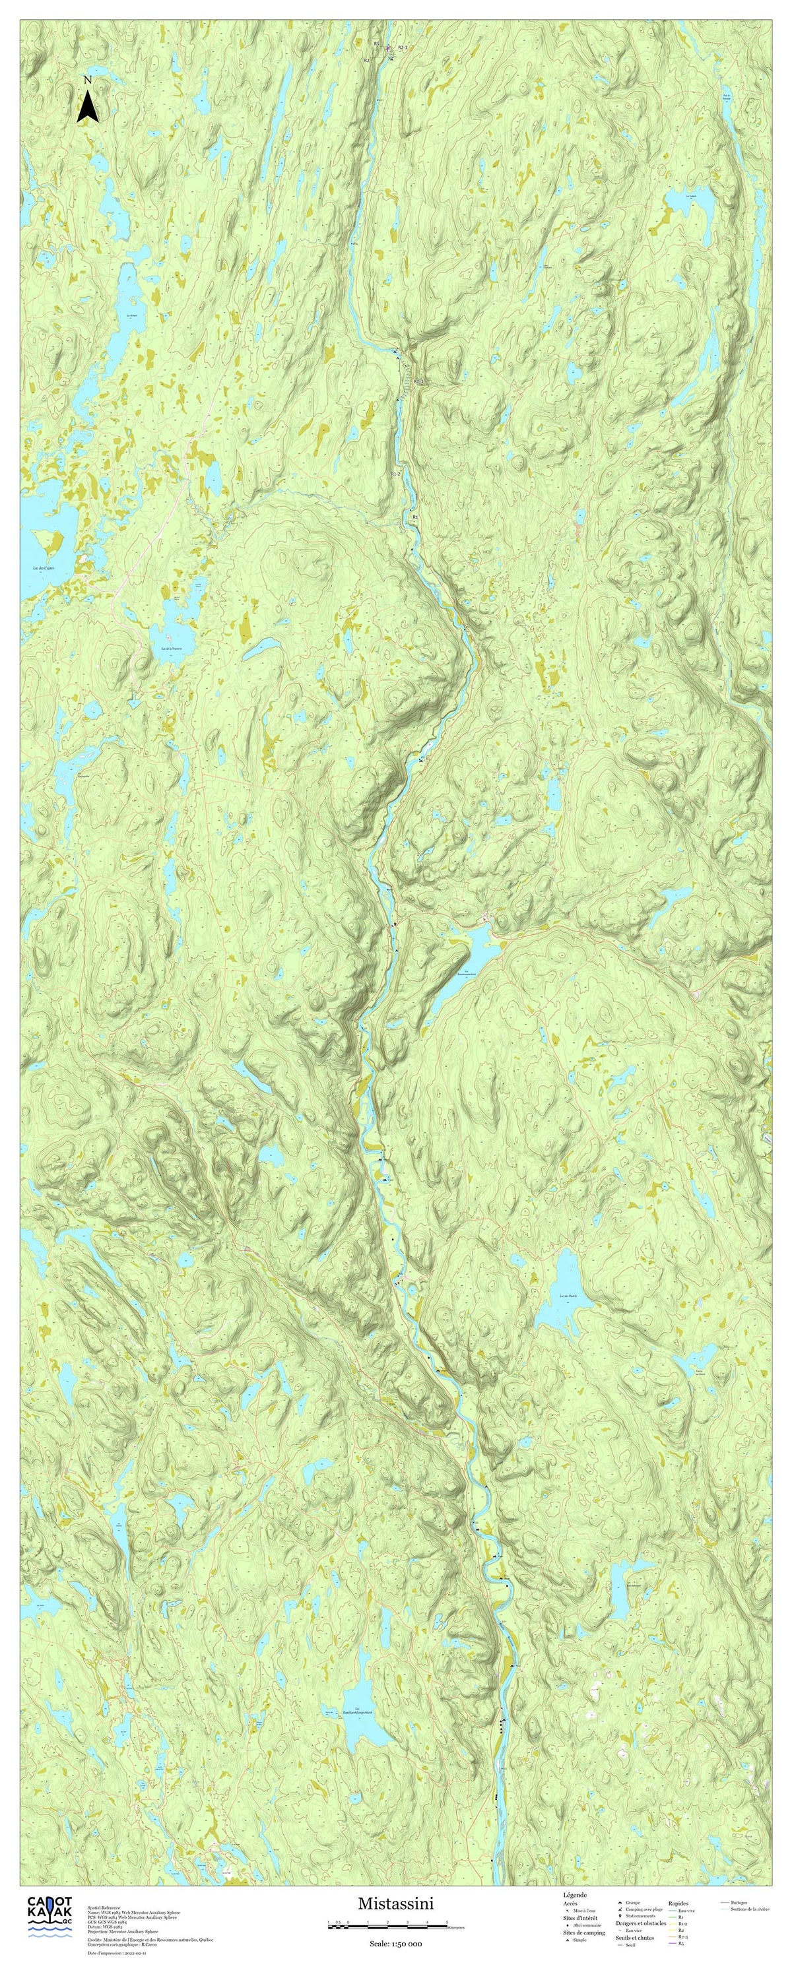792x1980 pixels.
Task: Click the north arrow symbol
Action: tap(88, 107)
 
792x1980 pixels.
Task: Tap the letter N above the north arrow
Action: tap(88, 80)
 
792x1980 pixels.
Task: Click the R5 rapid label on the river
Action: tap(377, 44)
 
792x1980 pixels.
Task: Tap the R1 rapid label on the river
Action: tap(415, 517)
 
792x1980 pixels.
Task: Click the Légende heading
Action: tap(575, 1896)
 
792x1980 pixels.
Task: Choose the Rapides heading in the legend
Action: tap(678, 1904)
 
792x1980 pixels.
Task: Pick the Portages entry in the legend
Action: tap(738, 1903)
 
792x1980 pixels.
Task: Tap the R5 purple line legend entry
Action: tap(681, 1944)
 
